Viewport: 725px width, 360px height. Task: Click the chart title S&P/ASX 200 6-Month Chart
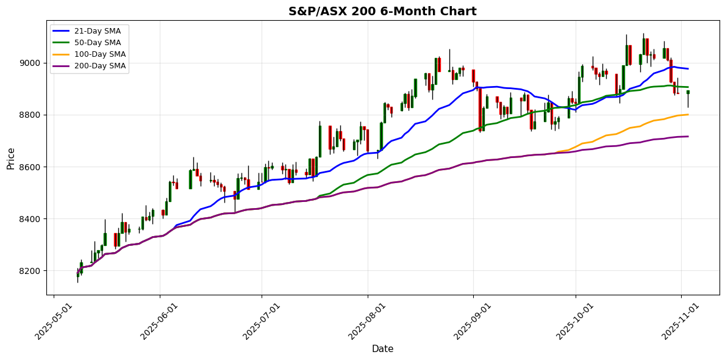pos(382,11)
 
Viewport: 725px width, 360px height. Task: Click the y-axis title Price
pos(10,158)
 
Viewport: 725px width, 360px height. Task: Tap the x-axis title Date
pos(382,349)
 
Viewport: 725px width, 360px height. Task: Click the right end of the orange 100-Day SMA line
pos(688,115)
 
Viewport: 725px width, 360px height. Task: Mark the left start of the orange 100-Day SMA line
pos(555,152)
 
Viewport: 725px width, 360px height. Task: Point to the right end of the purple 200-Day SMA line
pos(688,136)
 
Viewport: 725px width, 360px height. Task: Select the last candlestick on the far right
pos(688,92)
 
